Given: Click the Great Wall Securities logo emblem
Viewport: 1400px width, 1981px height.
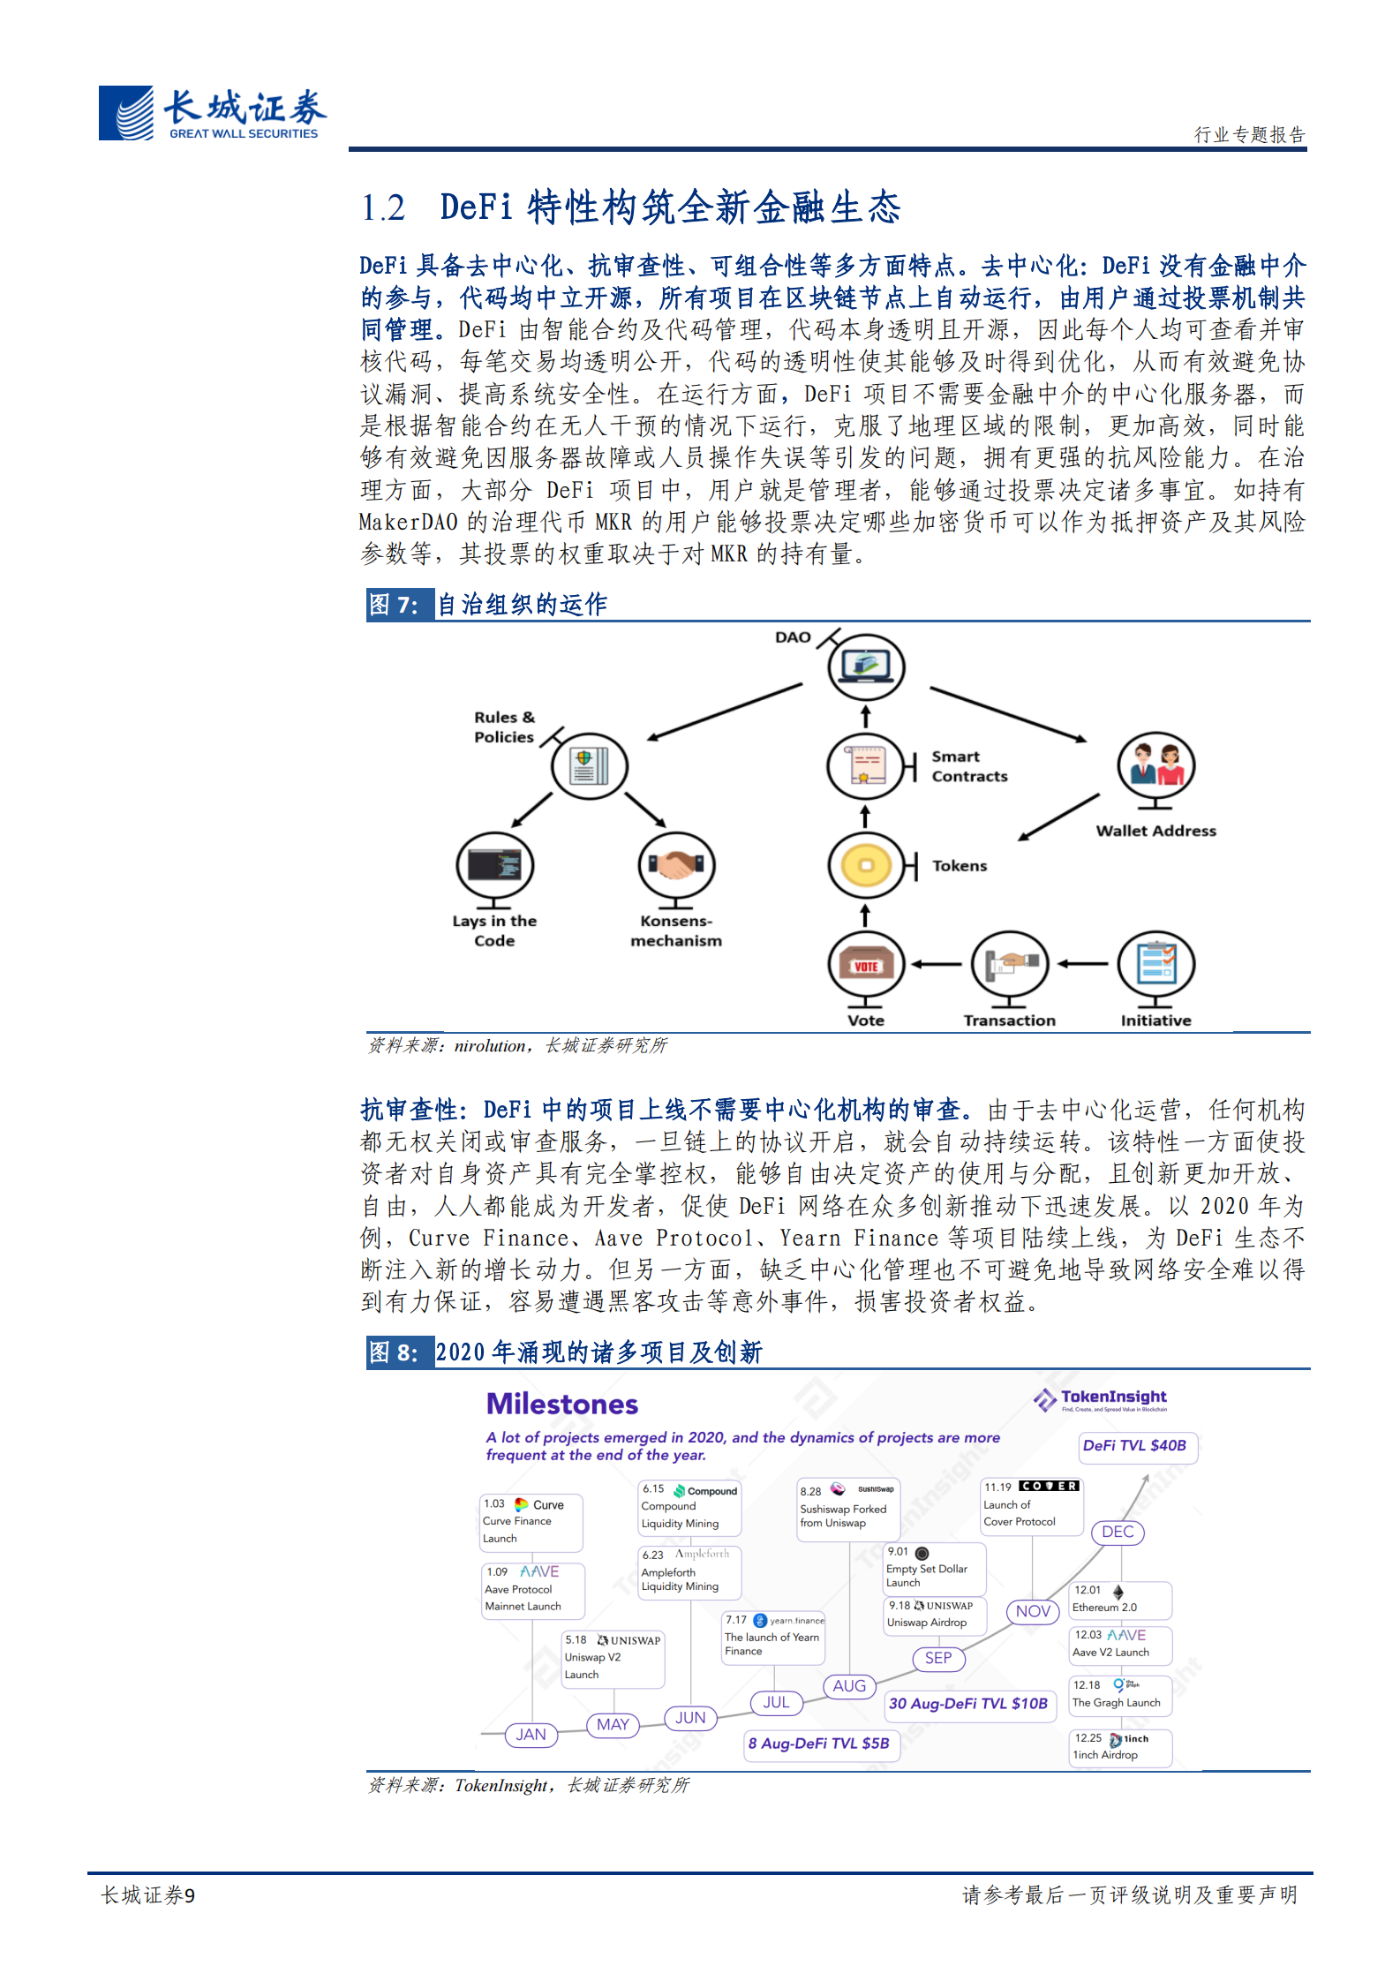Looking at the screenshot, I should (x=126, y=113).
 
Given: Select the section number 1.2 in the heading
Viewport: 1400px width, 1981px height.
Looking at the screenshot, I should (x=383, y=208).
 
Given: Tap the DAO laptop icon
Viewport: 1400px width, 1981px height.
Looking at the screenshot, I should (x=866, y=666).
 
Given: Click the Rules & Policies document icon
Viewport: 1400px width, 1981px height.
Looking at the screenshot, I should (x=589, y=765).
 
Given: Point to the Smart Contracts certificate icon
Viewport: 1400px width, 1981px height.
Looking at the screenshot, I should (x=865, y=765).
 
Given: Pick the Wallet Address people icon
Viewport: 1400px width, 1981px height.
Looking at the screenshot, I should (x=1155, y=765).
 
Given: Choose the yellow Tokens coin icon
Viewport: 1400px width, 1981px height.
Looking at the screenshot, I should (x=866, y=865).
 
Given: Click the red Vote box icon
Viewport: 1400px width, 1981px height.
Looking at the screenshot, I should (x=865, y=965).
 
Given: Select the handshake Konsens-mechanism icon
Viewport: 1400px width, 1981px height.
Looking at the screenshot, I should (x=676, y=865).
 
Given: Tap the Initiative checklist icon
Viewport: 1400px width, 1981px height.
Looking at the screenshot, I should (x=1155, y=964).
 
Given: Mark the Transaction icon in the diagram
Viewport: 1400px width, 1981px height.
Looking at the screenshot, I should (x=1009, y=964).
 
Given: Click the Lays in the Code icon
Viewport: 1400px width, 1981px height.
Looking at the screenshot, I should (x=494, y=865).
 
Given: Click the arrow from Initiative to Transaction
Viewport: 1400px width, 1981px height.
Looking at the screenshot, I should (x=1082, y=964).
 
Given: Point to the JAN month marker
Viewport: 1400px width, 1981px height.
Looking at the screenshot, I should (x=531, y=1735).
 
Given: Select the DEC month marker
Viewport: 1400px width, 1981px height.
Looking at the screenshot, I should (x=1118, y=1532).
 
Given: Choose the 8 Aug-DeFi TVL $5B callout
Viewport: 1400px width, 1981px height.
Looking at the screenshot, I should (x=818, y=1744).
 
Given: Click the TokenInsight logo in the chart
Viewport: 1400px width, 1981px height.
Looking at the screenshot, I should (x=1100, y=1398).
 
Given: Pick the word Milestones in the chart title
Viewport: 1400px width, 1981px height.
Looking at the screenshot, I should (x=561, y=1405).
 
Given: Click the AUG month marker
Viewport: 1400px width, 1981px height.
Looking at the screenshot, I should (x=849, y=1686).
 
